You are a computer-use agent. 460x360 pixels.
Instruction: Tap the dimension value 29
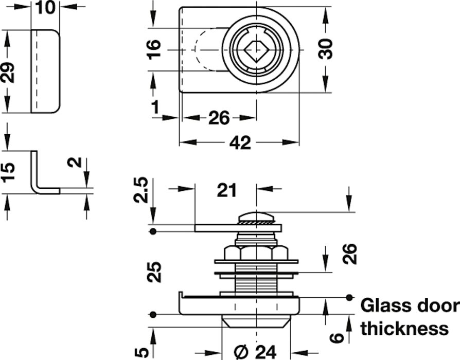point(8,70)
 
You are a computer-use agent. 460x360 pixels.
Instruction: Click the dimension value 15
point(8,172)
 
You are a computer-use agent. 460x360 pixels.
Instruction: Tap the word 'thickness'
point(404,328)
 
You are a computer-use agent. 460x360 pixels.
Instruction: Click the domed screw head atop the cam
point(255,216)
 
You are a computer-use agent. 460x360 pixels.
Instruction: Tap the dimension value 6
point(336,337)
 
